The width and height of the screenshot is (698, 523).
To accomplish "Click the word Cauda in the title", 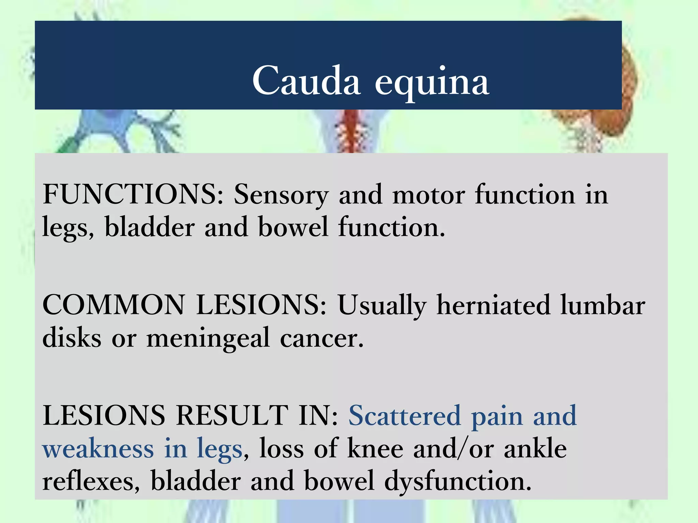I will pyautogui.click(x=306, y=81).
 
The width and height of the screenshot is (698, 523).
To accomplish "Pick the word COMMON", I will pyautogui.click(x=113, y=305).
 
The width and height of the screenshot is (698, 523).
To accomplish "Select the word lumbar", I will pyautogui.click(x=603, y=305).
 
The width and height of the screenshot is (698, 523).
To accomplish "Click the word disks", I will pyautogui.click(x=72, y=337).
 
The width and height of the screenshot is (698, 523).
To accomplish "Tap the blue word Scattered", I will pyautogui.click(x=405, y=415).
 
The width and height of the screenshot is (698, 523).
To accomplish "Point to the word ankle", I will pyautogui.click(x=535, y=448).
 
